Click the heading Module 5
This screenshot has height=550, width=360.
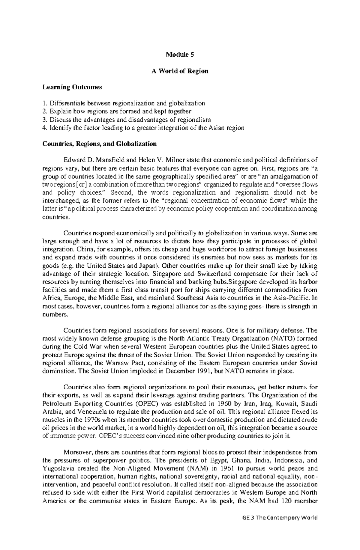pos(180,55)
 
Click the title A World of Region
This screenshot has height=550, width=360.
pos(180,71)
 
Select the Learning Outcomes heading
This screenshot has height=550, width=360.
pos(72,87)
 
